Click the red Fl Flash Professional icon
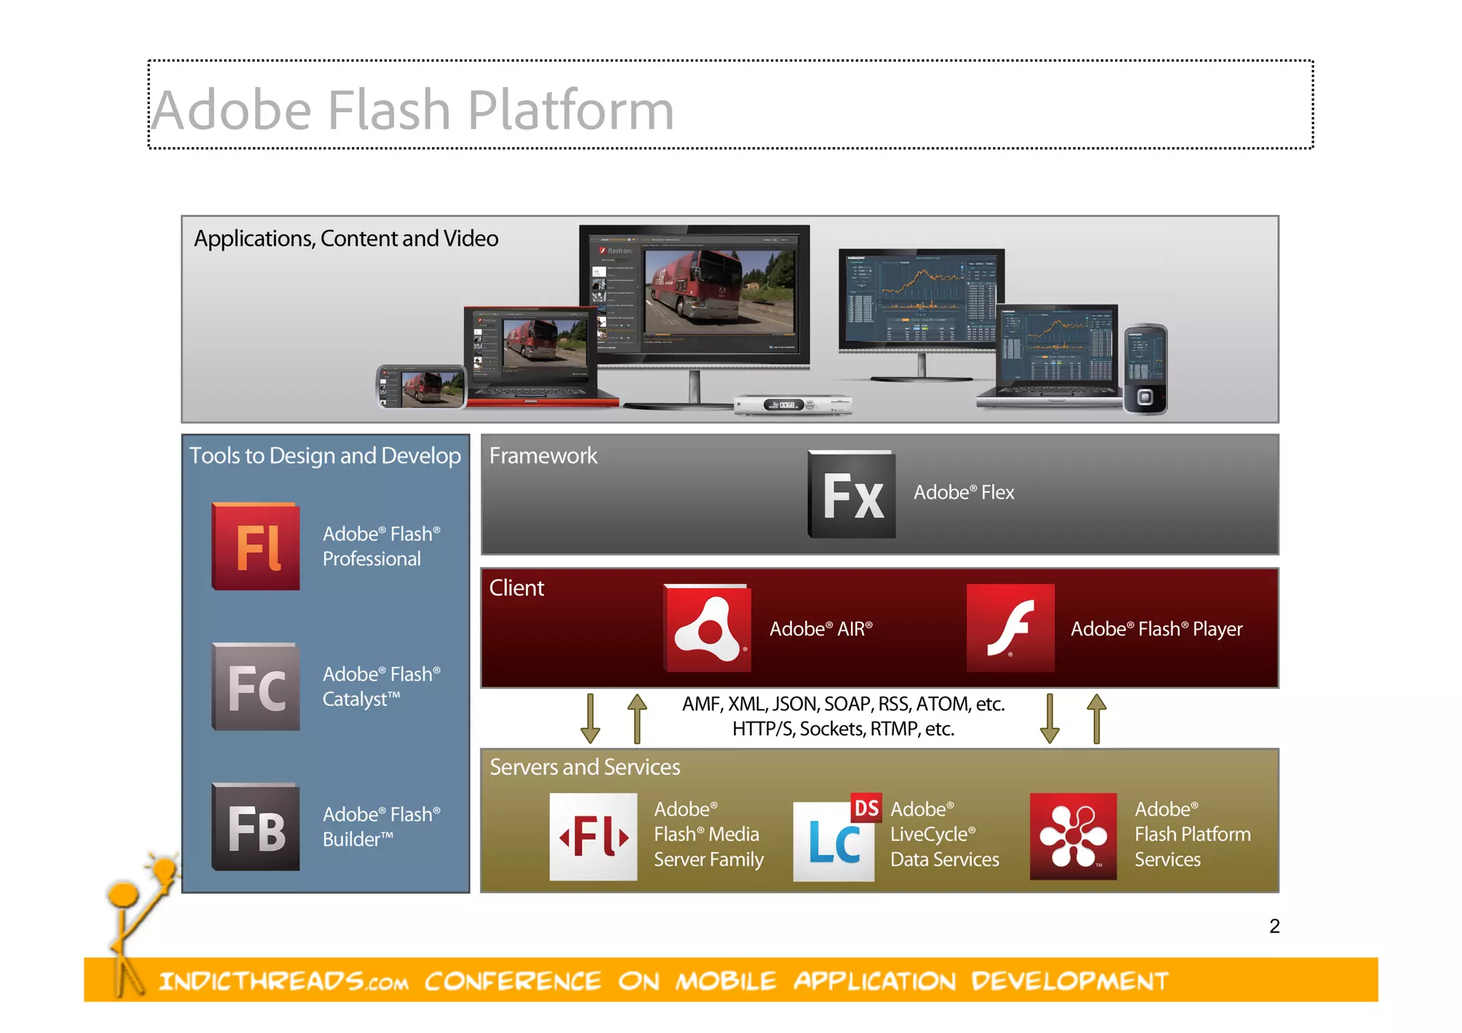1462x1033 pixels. pos(256,546)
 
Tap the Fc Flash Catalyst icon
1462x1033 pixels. pos(256,687)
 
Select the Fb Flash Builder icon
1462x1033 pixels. pos(256,827)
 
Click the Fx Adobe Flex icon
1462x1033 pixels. pos(852,494)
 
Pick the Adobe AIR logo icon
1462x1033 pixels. pos(707,628)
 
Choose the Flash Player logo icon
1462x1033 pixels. pos(1010,628)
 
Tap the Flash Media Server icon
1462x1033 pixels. pos(593,836)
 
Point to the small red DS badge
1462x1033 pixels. pos(867,807)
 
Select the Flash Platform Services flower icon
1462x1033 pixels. pos(1073,836)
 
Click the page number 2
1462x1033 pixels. pos(1274,926)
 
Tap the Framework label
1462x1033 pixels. pos(543,455)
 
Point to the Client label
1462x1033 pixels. pos(516,588)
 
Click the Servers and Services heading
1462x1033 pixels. pos(585,767)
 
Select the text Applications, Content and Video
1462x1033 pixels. pos(346,238)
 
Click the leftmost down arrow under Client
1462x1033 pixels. pos(590,718)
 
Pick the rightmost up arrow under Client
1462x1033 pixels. pos(1096,718)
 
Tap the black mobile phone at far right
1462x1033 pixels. pos(1145,369)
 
